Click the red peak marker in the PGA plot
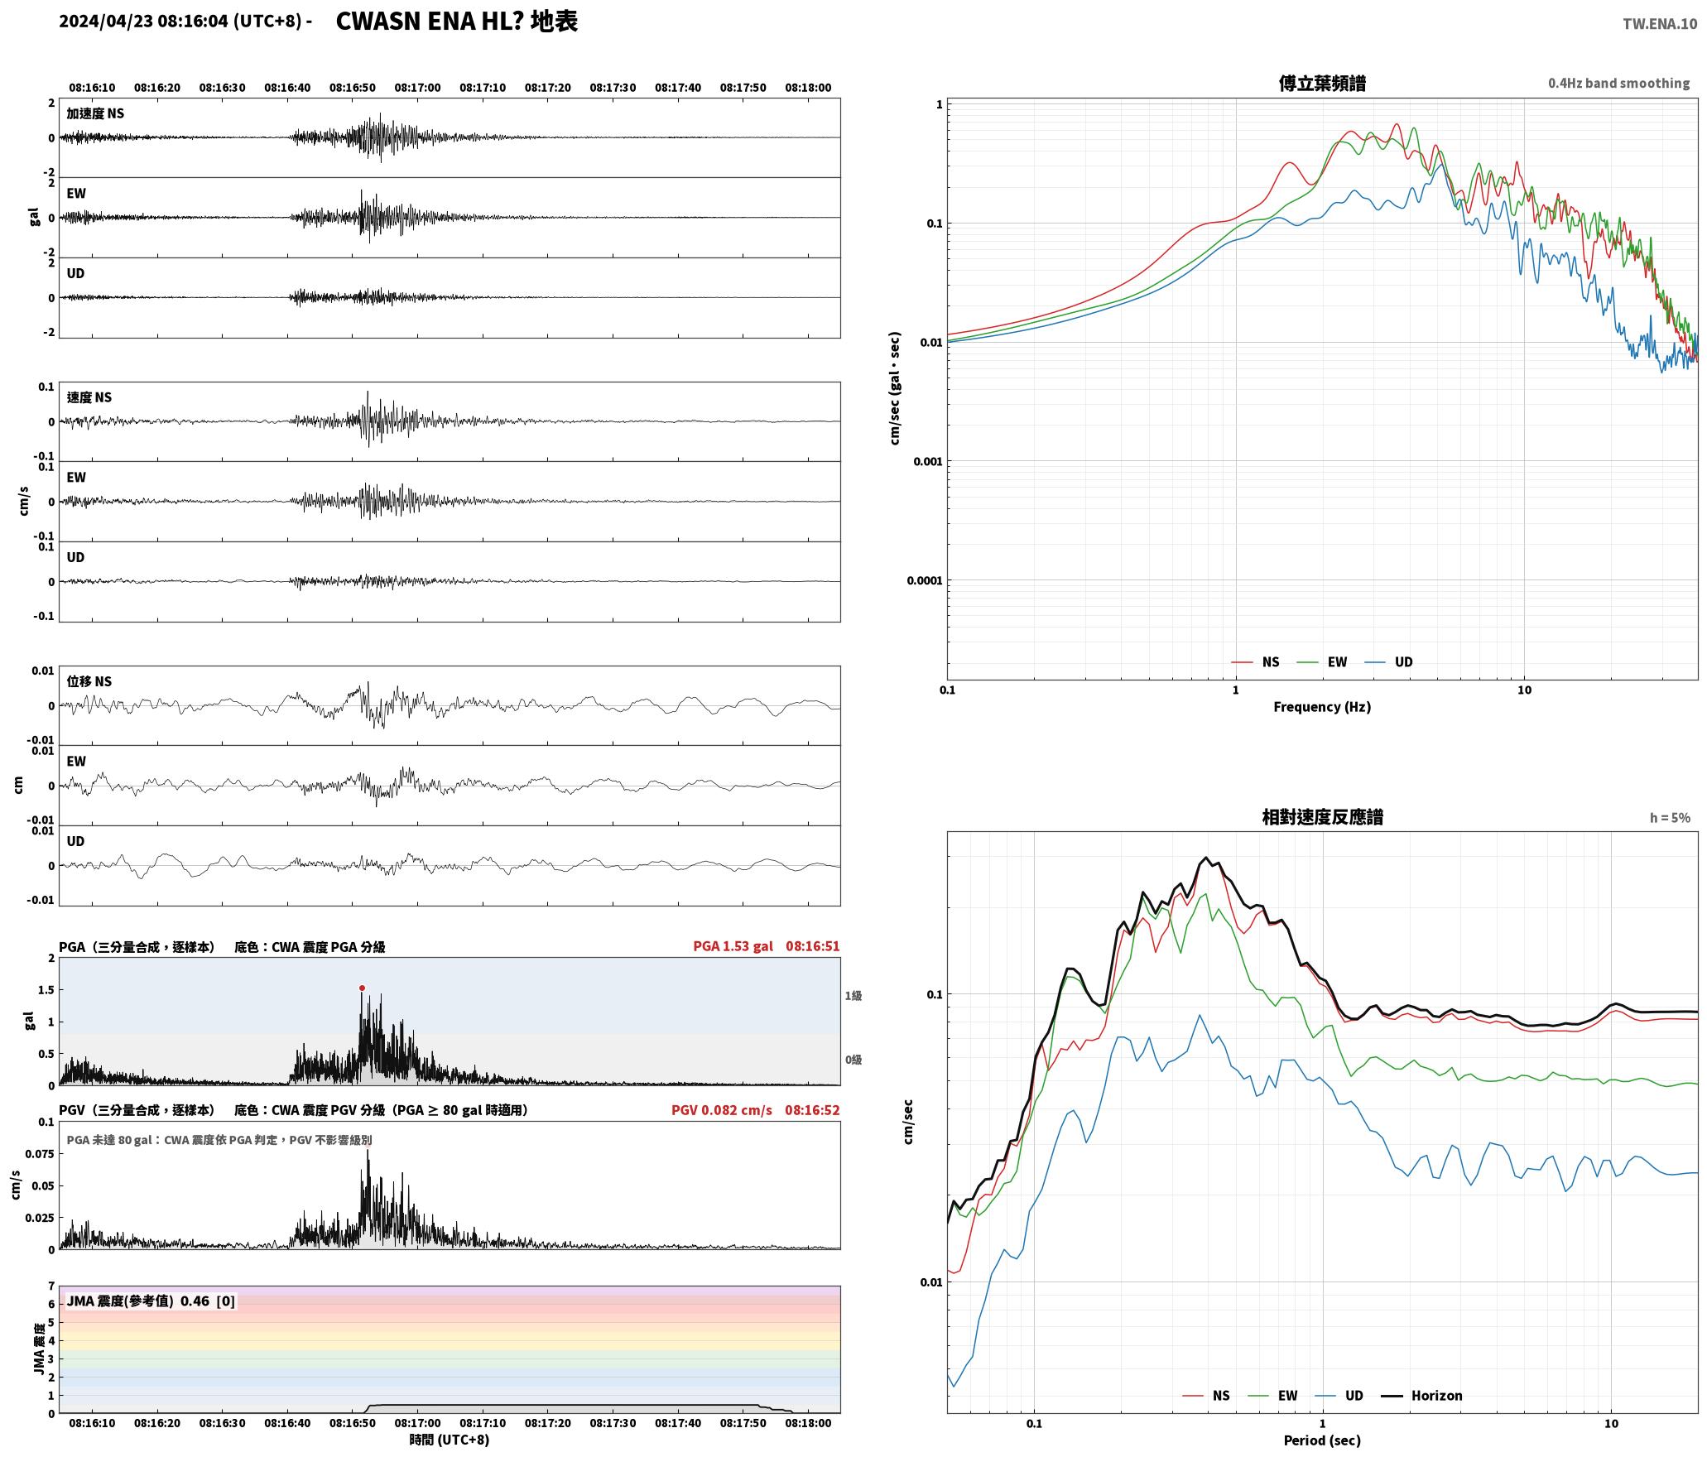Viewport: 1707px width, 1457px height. pyautogui.click(x=362, y=988)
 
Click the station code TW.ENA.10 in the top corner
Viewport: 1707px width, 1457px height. pyautogui.click(x=1659, y=24)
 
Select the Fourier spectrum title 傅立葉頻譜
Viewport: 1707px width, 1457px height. pyautogui.click(x=1322, y=84)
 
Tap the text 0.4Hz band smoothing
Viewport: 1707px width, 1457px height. pyautogui.click(x=1618, y=84)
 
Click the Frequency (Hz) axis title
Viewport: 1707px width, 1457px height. pyautogui.click(x=1322, y=707)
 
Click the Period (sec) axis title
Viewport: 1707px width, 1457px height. pyautogui.click(x=1322, y=1440)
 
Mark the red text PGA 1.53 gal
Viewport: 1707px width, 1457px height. pyautogui.click(x=733, y=946)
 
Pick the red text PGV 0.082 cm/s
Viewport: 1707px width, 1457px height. pyautogui.click(x=721, y=1110)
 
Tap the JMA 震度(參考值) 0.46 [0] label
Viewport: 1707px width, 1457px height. pyautogui.click(x=151, y=1301)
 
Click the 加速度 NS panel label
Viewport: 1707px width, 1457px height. pyautogui.click(x=95, y=113)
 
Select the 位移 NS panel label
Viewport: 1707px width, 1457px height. pyautogui.click(x=89, y=681)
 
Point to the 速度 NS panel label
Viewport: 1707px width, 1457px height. pyautogui.click(x=89, y=397)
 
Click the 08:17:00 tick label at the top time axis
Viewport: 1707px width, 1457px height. pyautogui.click(x=417, y=88)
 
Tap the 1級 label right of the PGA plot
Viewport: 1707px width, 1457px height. pyautogui.click(x=853, y=996)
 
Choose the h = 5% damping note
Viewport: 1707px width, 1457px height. pyautogui.click(x=1670, y=818)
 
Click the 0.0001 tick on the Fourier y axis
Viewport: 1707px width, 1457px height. pyautogui.click(x=924, y=580)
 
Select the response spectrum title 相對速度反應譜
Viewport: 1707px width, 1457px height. pyautogui.click(x=1322, y=817)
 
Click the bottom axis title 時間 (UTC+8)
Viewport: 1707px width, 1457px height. pyautogui.click(x=449, y=1440)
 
